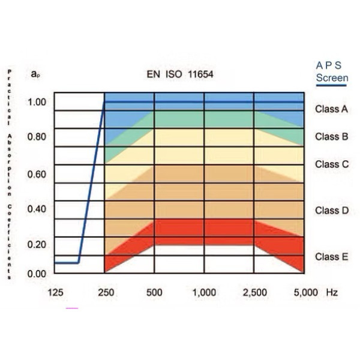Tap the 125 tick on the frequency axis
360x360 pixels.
point(55,292)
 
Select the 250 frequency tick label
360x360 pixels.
point(106,292)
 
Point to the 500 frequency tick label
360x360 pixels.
point(155,292)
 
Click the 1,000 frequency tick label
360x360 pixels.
point(204,292)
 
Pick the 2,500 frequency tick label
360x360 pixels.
point(254,292)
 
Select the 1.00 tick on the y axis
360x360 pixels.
point(37,101)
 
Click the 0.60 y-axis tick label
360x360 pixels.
point(37,175)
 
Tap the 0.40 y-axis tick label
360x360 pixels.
point(37,209)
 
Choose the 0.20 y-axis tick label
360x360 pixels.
point(37,244)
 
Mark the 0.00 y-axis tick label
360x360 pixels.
point(37,274)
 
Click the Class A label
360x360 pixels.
point(331,109)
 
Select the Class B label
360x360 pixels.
point(331,136)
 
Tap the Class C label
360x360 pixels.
point(331,164)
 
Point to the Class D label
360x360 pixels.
point(331,210)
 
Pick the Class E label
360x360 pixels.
point(331,257)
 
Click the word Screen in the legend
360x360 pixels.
point(332,78)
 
